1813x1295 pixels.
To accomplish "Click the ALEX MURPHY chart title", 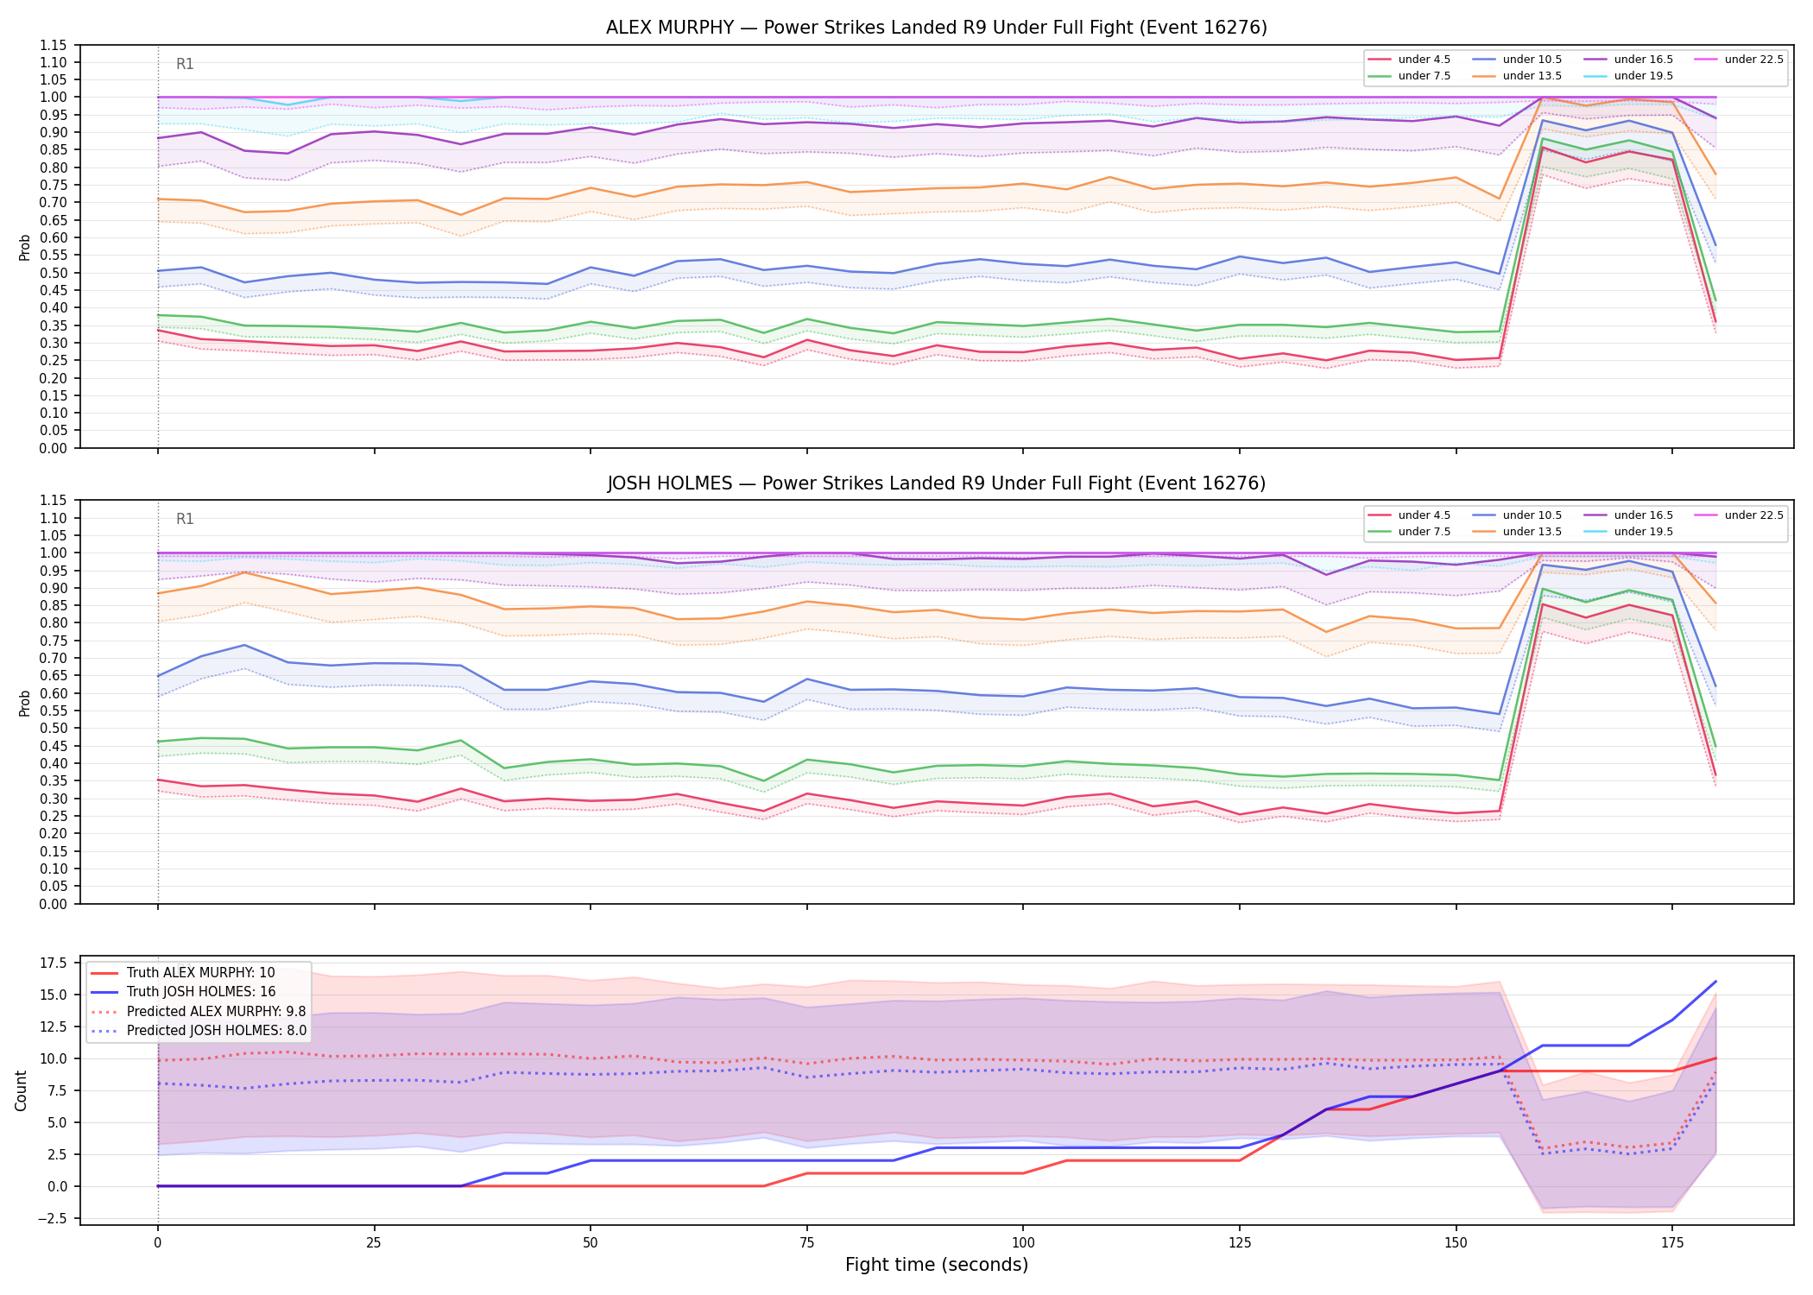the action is pyautogui.click(x=936, y=28).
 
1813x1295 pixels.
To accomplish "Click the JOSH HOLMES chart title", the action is pyautogui.click(x=936, y=483).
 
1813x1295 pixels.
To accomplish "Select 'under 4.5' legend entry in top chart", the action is pyautogui.click(x=1410, y=60).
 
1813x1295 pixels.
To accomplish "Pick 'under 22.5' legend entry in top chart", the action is pyautogui.click(x=1739, y=60).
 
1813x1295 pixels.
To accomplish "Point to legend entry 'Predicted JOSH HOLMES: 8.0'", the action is pyautogui.click(x=199, y=1030).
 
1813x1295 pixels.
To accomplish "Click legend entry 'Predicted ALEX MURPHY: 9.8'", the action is pyautogui.click(x=199, y=1011).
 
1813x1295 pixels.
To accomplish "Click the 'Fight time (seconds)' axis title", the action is pyautogui.click(x=937, y=1265).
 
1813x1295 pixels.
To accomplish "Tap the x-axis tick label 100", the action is pyautogui.click(x=1022, y=1243).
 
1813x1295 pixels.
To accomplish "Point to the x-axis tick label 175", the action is pyautogui.click(x=1672, y=1243).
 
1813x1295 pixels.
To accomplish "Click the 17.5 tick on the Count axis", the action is pyautogui.click(x=54, y=963).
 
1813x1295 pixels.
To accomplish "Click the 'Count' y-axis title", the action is pyautogui.click(x=22, y=1090).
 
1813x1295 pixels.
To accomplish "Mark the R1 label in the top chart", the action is pyautogui.click(x=185, y=64).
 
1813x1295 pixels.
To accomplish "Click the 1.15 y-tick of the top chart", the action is pyautogui.click(x=54, y=45).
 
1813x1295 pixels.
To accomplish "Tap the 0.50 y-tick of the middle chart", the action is pyautogui.click(x=54, y=728).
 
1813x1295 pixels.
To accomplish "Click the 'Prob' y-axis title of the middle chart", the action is pyautogui.click(x=25, y=703).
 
